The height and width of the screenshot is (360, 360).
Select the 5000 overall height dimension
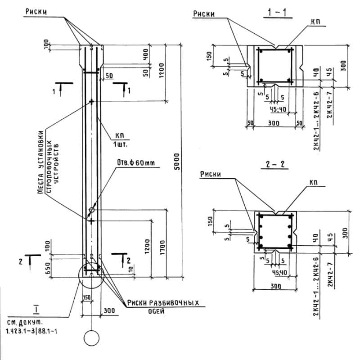[x=177, y=161]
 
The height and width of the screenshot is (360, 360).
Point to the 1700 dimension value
[x=162, y=245]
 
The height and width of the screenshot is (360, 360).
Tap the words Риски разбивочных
[x=163, y=303]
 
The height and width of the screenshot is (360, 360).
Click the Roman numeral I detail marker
[x=35, y=309]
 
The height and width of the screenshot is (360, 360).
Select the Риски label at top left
[x=37, y=13]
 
